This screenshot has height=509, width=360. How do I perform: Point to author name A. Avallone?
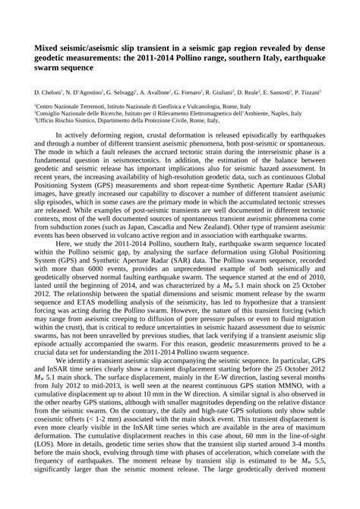click(159, 90)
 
